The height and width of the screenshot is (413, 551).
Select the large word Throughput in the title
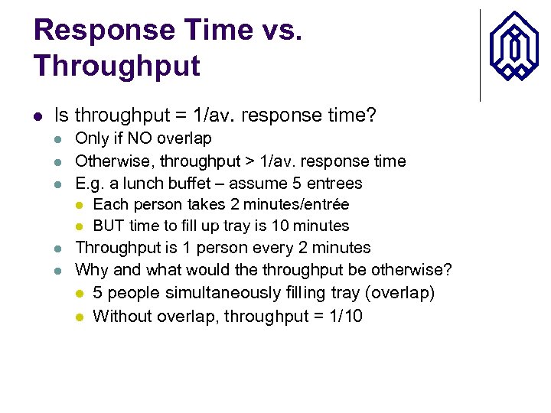(x=117, y=66)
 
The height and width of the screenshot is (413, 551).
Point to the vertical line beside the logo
(x=480, y=55)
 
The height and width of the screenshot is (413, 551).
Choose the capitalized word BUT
(x=108, y=226)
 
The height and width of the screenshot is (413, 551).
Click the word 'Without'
(x=122, y=317)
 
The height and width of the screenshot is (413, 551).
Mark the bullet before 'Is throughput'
(x=38, y=116)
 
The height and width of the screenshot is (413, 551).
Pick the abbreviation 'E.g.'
(x=90, y=184)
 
